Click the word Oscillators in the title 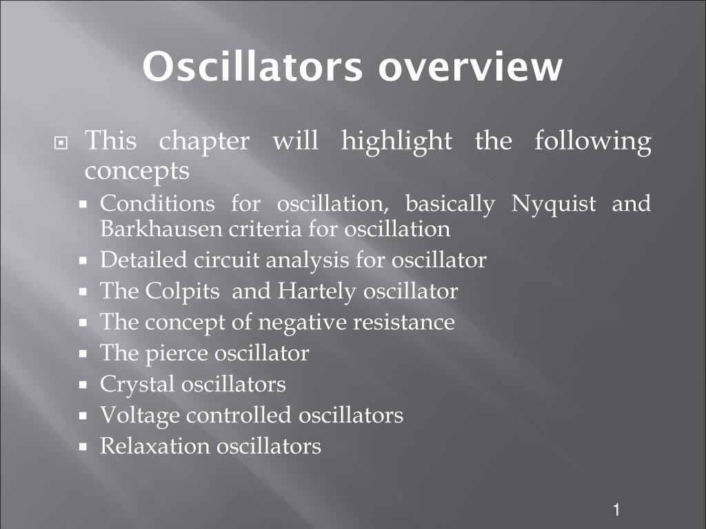[252, 66]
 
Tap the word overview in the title [470, 68]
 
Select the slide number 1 [616, 510]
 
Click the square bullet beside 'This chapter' [61, 143]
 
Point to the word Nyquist [554, 205]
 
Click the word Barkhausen [161, 229]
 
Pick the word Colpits [182, 292]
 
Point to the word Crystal [137, 385]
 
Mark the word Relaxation [154, 446]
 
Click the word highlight [396, 142]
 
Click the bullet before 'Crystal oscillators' [83, 385]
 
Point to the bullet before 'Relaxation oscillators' [83, 447]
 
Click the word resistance [404, 322]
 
